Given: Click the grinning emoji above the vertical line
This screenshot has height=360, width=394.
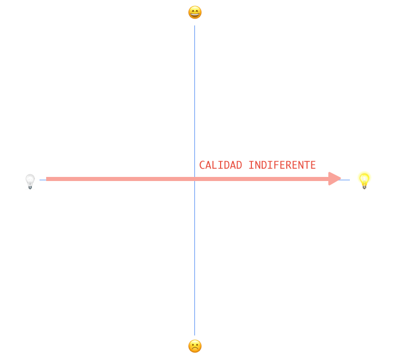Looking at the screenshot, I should (195, 12).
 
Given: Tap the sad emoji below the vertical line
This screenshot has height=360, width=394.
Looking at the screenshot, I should (195, 346).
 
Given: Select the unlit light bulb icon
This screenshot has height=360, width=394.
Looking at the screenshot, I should (30, 182).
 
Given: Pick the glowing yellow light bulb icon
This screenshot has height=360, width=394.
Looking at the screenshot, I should (364, 180).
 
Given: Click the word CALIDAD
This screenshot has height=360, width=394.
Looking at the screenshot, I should (221, 165).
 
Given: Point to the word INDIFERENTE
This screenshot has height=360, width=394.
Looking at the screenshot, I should (282, 165).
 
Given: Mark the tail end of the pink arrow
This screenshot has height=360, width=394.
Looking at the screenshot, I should (47, 179).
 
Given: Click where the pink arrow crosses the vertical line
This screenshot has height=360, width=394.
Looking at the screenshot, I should (194, 179).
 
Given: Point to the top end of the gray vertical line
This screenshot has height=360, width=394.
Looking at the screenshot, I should (194, 26).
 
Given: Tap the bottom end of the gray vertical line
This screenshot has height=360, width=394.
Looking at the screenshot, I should (194, 334).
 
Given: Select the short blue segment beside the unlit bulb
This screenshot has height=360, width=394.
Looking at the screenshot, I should (43, 179).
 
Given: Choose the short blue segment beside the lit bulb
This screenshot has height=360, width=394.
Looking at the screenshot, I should (346, 179).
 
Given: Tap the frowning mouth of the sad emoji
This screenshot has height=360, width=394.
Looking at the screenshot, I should (195, 349).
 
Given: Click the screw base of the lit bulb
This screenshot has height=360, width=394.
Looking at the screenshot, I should (364, 186).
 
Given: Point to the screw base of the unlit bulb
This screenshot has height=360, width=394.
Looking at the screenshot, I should (30, 187).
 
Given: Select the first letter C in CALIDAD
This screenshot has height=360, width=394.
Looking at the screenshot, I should (202, 165).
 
